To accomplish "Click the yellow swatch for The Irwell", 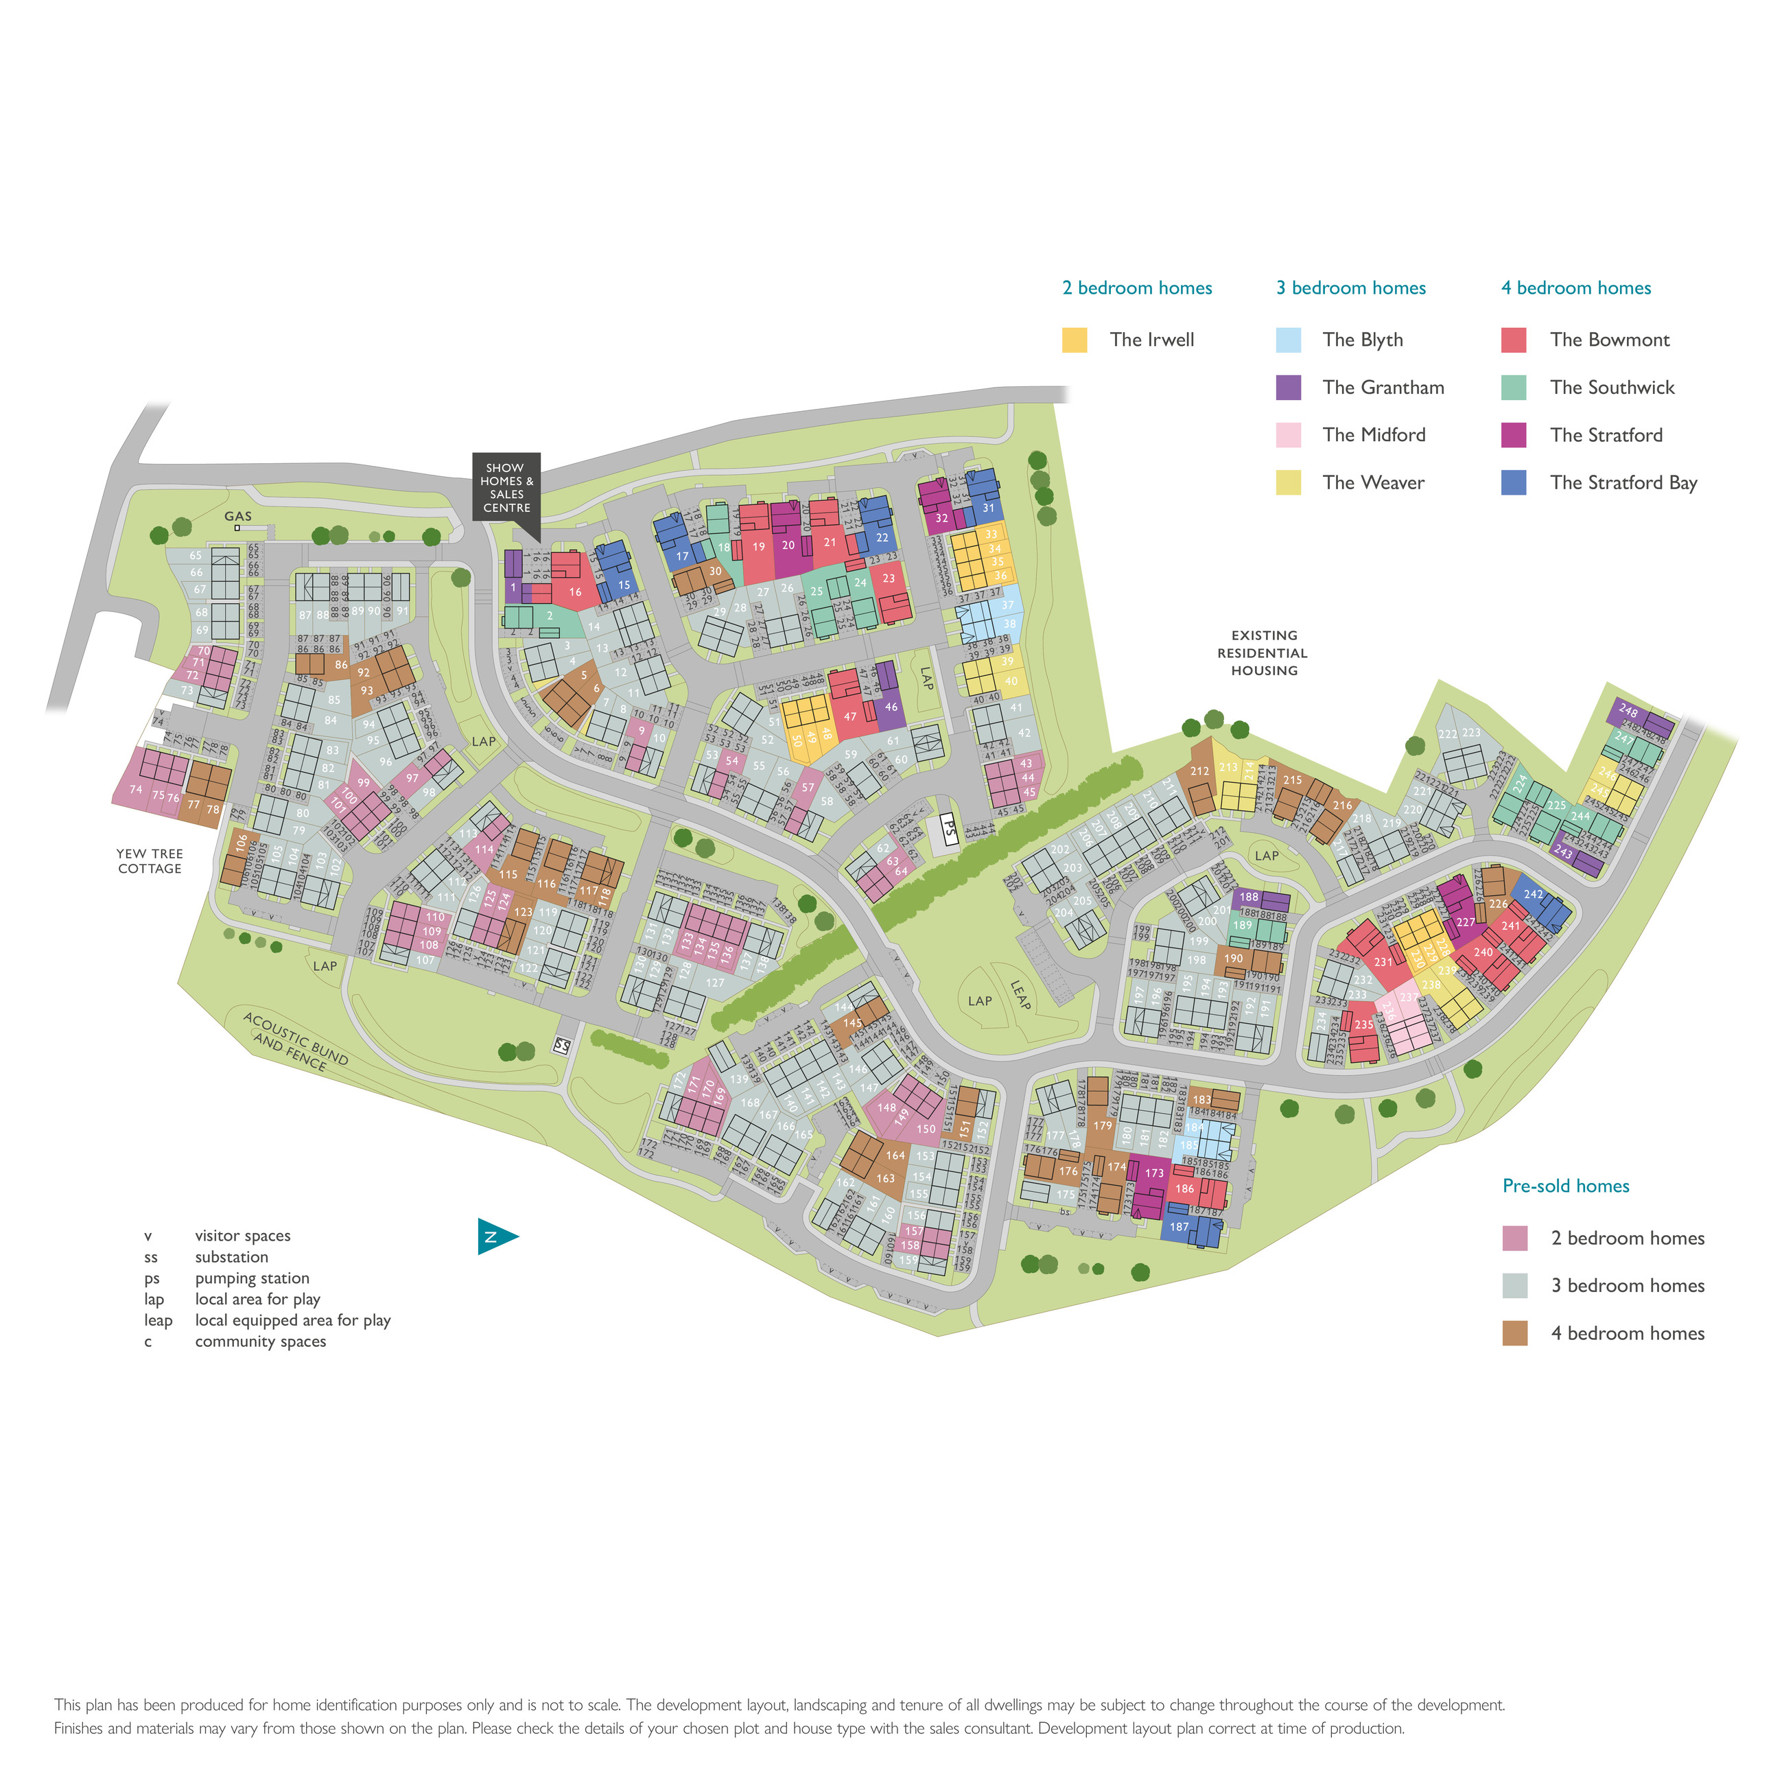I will tap(1074, 340).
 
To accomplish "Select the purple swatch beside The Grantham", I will tap(1288, 388).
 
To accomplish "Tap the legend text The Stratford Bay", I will tap(1623, 483).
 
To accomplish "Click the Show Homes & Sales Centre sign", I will tap(506, 489).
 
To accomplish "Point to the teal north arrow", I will tap(496, 1236).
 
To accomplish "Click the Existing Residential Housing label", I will tap(1263, 653).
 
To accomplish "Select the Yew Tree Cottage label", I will tap(150, 860).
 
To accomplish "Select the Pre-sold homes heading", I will tap(1565, 1186).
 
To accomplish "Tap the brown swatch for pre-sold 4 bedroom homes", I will tap(1514, 1333).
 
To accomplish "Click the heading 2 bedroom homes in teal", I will tap(1137, 288).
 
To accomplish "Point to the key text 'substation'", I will tap(232, 1257).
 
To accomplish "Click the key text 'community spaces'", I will tap(261, 1341).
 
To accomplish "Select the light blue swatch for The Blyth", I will tap(1288, 340).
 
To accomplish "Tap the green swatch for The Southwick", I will tap(1514, 388).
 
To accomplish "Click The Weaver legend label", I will tap(1373, 483).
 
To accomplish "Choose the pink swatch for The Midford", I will tap(1288, 435).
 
